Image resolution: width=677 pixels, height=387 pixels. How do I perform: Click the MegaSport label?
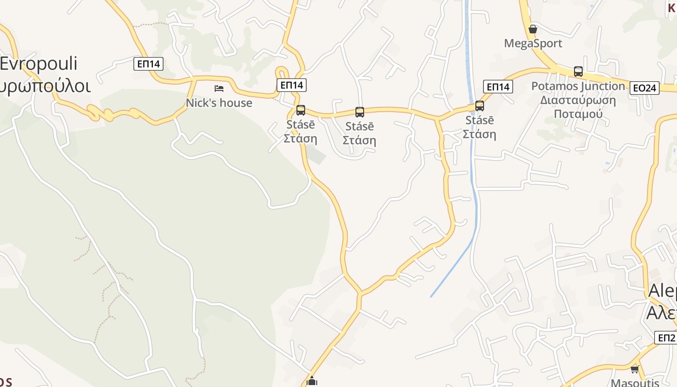[533, 44]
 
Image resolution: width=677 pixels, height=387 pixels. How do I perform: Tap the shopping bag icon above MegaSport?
[533, 29]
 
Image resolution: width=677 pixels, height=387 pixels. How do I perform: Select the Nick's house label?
[219, 103]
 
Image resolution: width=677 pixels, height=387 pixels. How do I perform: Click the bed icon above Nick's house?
[219, 88]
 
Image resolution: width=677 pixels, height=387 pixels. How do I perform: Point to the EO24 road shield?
[645, 88]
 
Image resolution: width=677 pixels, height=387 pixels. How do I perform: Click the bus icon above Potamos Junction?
[578, 72]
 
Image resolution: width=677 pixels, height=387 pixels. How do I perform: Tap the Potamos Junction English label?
[578, 86]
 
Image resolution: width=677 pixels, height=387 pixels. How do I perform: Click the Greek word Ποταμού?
[578, 114]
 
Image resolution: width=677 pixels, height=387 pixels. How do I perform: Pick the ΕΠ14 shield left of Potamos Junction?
[498, 87]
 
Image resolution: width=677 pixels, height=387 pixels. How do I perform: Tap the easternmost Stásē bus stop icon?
[479, 105]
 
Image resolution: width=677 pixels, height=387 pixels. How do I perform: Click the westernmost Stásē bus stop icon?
[300, 110]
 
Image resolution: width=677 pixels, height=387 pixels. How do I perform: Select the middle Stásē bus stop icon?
[359, 112]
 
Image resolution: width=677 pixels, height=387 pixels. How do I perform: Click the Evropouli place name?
[39, 64]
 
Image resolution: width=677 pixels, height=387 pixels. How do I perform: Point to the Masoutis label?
[635, 383]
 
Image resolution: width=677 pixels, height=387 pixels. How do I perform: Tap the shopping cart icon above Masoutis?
[634, 369]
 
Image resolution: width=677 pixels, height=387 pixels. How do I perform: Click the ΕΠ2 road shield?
[666, 337]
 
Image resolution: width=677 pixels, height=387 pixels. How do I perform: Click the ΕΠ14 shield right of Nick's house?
[292, 85]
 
